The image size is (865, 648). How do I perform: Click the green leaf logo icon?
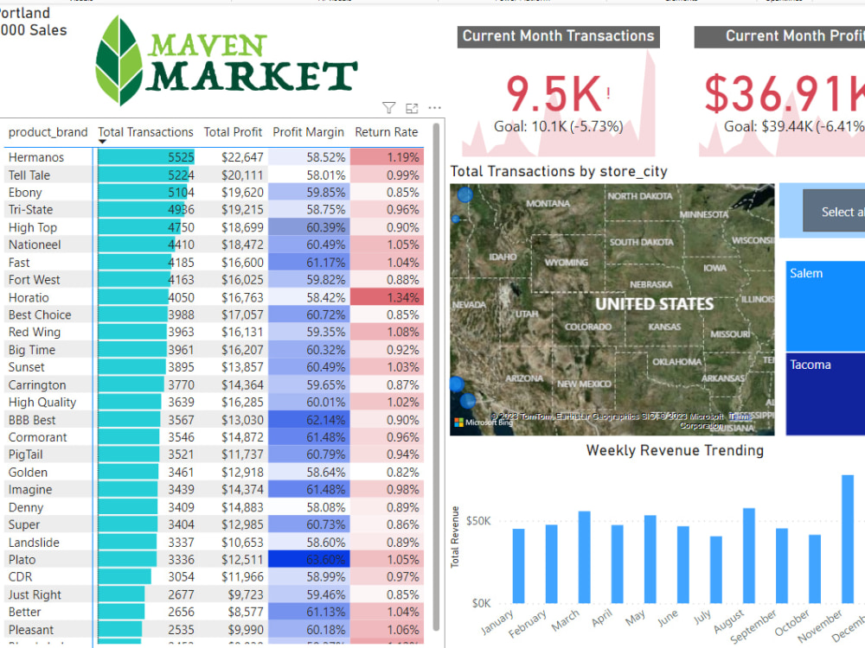119,60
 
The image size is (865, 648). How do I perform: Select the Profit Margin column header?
308,132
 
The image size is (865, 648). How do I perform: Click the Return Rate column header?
386,132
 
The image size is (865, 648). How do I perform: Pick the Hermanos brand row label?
36,157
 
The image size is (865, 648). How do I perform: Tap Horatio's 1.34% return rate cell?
387,297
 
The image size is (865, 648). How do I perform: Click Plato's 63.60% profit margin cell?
308,559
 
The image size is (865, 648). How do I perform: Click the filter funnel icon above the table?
389,108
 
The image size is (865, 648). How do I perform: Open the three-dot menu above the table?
434,108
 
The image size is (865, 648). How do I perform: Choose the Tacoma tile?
825,393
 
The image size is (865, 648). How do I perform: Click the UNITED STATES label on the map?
654,304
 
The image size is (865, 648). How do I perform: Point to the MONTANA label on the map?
548,204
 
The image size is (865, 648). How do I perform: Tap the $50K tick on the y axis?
478,521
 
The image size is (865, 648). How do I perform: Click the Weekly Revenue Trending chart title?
675,450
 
